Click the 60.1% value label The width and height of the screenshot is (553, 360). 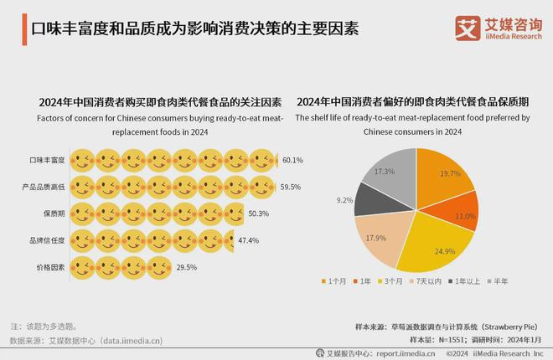tap(292, 160)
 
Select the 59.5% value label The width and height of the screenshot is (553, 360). tap(291, 187)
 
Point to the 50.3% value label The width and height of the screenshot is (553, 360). tap(258, 214)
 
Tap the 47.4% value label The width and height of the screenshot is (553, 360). tap(248, 241)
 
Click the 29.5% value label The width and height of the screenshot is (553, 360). tap(186, 268)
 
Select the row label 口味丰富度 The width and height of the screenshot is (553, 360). tap(47, 160)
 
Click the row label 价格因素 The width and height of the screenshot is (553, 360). tap(50, 268)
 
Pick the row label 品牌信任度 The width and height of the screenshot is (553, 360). tap(47, 241)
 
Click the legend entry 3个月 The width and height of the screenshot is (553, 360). tap(392, 280)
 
